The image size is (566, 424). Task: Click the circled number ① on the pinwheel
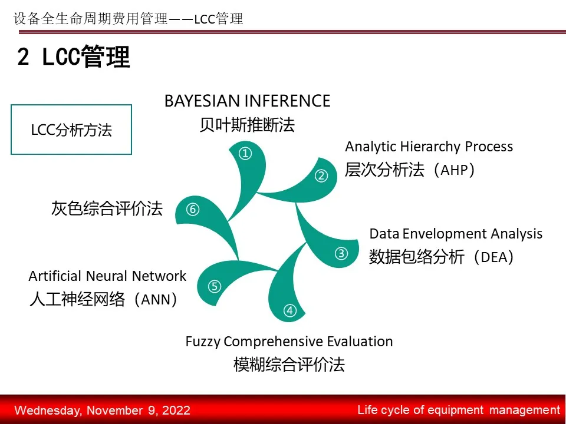pyautogui.click(x=245, y=154)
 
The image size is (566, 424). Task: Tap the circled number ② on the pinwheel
pyautogui.click(x=321, y=176)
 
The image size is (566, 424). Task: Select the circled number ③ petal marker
pyautogui.click(x=341, y=253)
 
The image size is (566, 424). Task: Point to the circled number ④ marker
pyautogui.click(x=290, y=310)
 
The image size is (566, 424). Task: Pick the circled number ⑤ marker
pyautogui.click(x=215, y=287)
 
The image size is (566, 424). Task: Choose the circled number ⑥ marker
pyautogui.click(x=193, y=209)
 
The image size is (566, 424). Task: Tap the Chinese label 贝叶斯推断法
pyautogui.click(x=247, y=125)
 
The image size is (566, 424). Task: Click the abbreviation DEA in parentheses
pyautogui.click(x=494, y=257)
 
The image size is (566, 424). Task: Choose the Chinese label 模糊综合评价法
pyautogui.click(x=289, y=364)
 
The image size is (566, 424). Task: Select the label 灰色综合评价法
pyautogui.click(x=107, y=208)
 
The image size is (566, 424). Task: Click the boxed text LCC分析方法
pyautogui.click(x=71, y=130)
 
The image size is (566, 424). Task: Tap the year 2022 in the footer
pyautogui.click(x=176, y=410)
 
